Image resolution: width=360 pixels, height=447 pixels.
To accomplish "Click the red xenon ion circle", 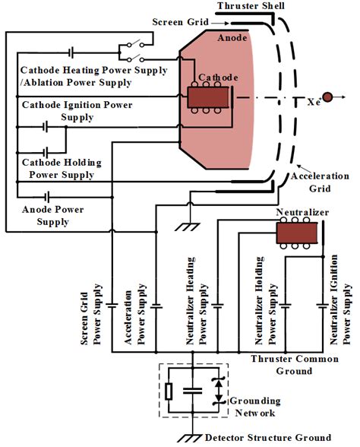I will pos(327,97).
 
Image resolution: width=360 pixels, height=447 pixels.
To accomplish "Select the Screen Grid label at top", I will pos(176,22).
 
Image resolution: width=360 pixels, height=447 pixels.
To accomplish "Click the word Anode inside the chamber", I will pos(232,36).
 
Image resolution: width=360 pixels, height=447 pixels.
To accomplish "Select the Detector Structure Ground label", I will pos(268,437).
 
